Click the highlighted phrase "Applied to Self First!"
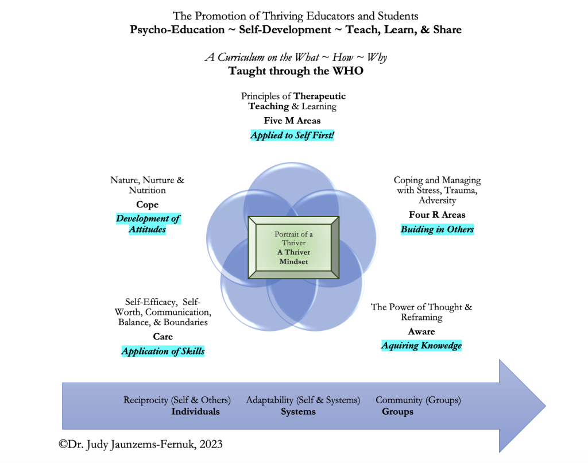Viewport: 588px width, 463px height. tap(292, 136)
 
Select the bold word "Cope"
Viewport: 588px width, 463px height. tap(148, 205)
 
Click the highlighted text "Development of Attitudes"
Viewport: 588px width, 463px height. tap(148, 223)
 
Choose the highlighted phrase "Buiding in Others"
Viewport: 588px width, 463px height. tap(437, 229)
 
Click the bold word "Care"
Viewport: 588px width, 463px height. tap(163, 336)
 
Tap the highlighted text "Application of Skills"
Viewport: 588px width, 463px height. tap(163, 351)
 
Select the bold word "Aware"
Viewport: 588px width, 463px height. tap(421, 331)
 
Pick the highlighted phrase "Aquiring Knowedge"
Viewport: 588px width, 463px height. tap(421, 345)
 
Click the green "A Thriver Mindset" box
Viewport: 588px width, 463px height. tap(293, 248)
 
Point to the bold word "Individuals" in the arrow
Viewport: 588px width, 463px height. tap(195, 411)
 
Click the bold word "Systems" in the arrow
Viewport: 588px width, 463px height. tap(298, 411)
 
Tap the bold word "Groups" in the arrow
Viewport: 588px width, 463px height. tap(397, 411)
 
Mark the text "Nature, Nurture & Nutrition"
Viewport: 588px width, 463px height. tap(148, 185)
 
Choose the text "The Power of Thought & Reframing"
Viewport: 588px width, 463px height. tap(421, 312)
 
